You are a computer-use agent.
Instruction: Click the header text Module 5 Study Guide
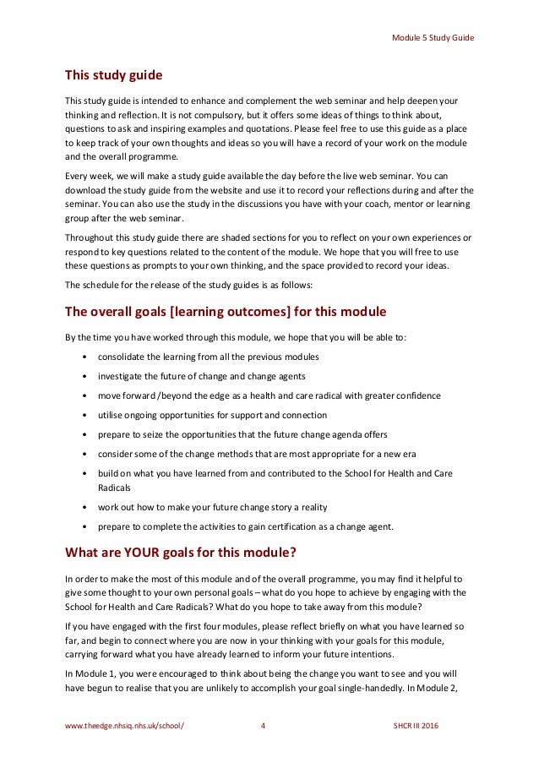click(432, 38)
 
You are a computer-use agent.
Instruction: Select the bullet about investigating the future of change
click(201, 375)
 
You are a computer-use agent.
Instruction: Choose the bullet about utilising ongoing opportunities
click(212, 415)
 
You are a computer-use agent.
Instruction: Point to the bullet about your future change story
click(212, 508)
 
